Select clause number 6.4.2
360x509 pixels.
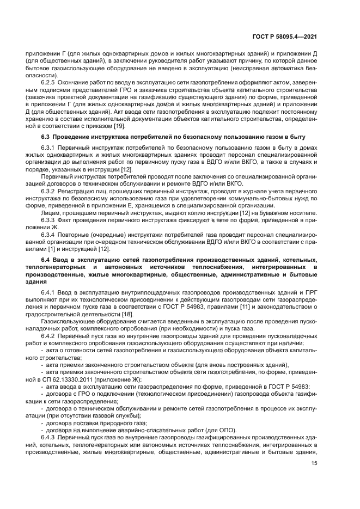coord(48,338)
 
